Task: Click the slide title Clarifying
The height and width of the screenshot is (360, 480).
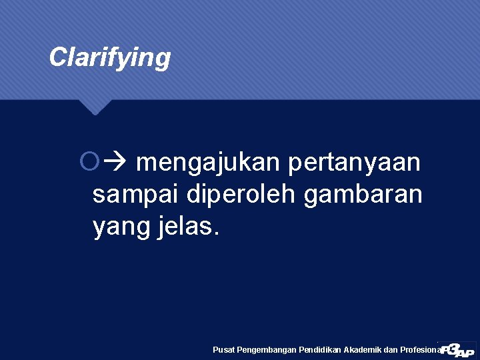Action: (x=110, y=58)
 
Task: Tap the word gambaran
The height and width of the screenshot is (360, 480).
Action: (x=363, y=195)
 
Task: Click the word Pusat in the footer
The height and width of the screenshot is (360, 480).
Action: (x=223, y=349)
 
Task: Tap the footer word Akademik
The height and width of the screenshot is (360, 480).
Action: (x=365, y=349)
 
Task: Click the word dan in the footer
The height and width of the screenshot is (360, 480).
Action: (x=394, y=349)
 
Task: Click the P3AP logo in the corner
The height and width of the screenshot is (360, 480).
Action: (x=457, y=348)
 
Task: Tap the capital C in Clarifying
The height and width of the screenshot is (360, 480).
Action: (x=58, y=57)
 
